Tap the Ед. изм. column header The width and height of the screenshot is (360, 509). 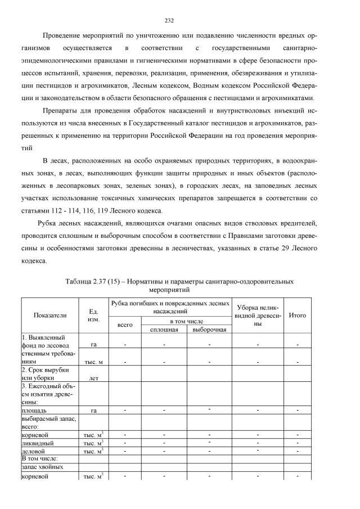coord(93,316)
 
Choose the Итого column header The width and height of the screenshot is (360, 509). coord(297,316)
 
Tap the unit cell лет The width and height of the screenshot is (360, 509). coord(93,378)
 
